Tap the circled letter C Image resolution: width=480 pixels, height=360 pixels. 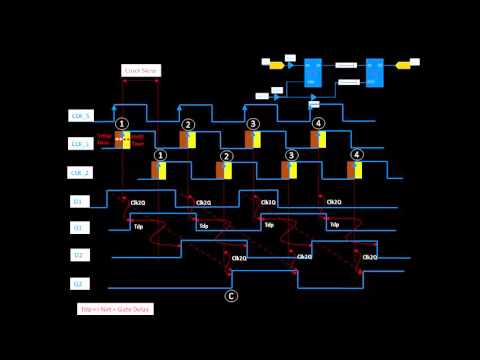[232, 295]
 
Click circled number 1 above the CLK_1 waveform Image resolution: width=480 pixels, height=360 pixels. [121, 124]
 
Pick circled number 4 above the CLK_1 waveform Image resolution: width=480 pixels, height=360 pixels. [318, 124]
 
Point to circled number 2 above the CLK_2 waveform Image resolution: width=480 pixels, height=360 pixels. [226, 156]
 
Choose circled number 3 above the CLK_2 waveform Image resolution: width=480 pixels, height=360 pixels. [291, 156]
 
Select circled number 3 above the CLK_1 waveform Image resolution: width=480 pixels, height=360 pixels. [253, 124]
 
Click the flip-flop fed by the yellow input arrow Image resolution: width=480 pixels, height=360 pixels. [312, 71]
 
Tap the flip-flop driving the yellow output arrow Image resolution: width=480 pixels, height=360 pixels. [374, 71]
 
